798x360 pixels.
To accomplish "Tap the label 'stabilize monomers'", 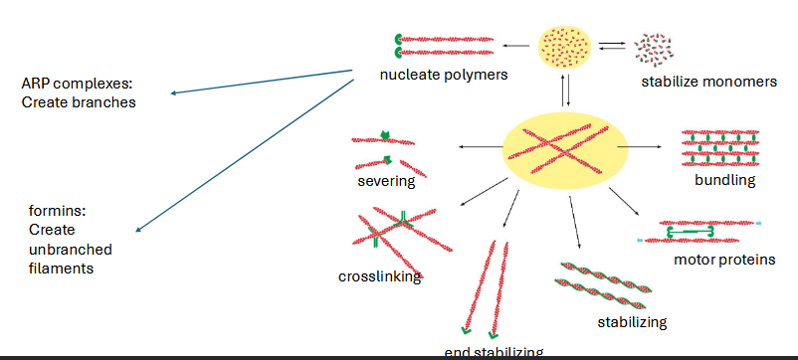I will pyautogui.click(x=709, y=82).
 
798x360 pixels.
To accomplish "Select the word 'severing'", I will pyautogui.click(x=386, y=181).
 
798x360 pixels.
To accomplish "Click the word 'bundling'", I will pyautogui.click(x=725, y=180).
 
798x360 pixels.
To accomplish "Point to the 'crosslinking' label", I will pyautogui.click(x=379, y=276).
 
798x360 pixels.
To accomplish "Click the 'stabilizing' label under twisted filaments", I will pyautogui.click(x=632, y=321).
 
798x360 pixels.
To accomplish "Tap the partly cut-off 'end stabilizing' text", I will pyautogui.click(x=494, y=352).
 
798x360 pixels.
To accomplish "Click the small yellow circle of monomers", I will pyautogui.click(x=565, y=46).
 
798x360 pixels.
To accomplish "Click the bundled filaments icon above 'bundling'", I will pyautogui.click(x=720, y=148).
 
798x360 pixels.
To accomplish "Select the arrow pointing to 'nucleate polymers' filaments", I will pyautogui.click(x=516, y=45).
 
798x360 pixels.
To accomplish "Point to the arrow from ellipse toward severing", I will pyautogui.click(x=480, y=147).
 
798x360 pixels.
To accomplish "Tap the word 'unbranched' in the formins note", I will pyautogui.click(x=70, y=249).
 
